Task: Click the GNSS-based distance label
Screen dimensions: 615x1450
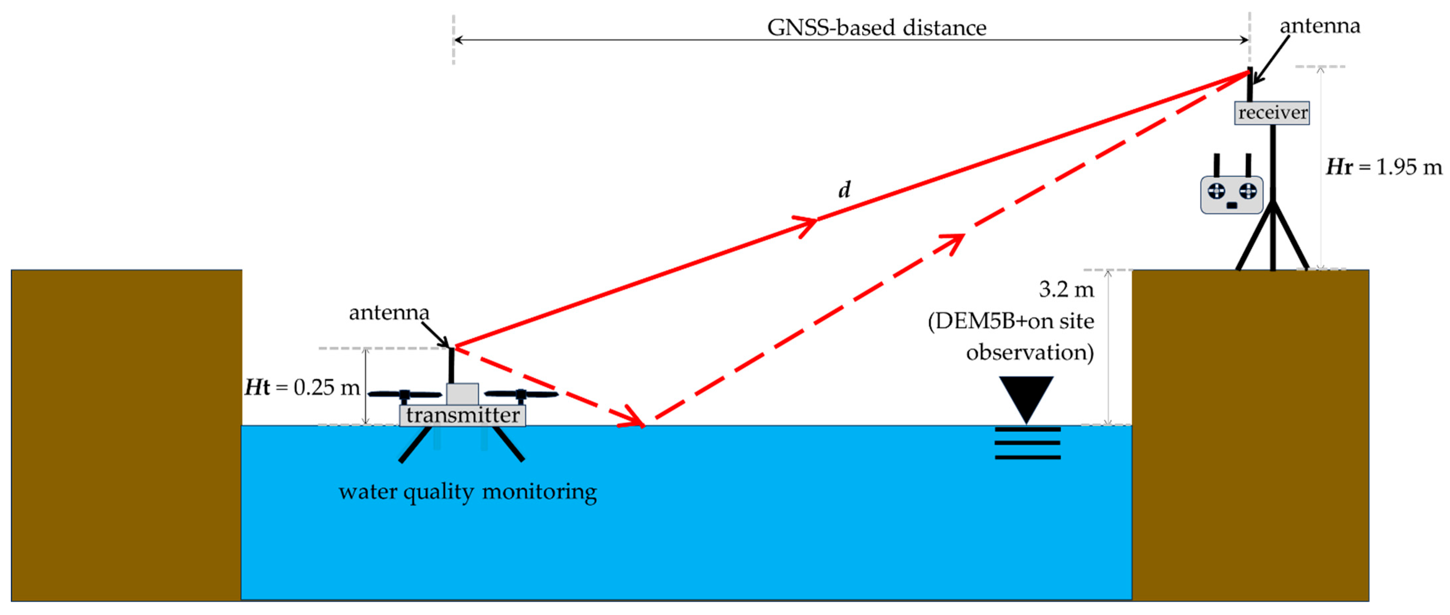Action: coord(876,28)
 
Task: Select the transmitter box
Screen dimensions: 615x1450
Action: coord(463,415)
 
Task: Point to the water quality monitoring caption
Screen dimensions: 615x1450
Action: coord(467,492)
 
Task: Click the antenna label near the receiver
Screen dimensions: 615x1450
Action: coord(1320,26)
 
